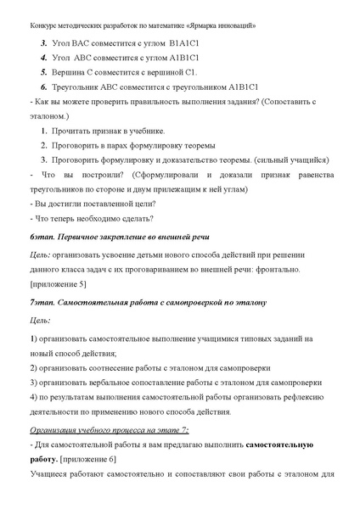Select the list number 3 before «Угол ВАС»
[43, 42]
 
